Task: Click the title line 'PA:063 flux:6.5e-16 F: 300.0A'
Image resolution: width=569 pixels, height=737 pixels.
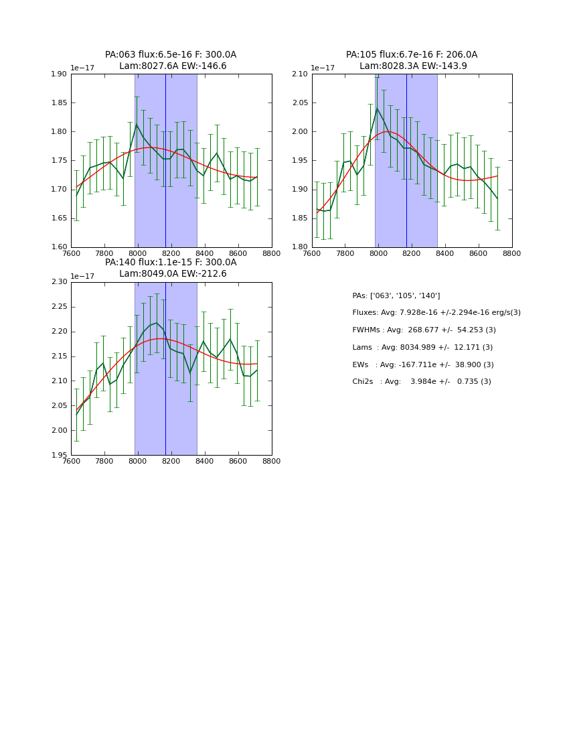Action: point(171,55)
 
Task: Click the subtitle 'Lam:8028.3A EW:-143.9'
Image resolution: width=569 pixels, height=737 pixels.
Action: point(413,66)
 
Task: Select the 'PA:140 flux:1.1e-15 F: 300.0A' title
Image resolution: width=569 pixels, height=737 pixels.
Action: point(171,263)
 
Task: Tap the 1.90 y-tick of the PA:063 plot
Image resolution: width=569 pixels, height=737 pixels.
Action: point(60,74)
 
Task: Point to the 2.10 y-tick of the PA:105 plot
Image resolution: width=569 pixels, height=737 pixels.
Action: point(301,74)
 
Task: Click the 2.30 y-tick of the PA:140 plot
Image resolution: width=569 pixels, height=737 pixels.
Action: point(60,282)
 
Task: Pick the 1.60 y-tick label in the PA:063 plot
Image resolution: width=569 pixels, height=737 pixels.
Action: point(60,247)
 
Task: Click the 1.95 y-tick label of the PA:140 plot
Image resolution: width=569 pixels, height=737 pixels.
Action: point(60,455)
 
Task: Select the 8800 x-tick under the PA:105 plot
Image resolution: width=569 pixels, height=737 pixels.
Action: point(512,254)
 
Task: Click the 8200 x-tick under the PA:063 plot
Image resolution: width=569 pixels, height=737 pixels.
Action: point(171,254)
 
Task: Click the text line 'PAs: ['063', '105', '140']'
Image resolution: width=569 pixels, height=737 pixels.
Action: point(396,296)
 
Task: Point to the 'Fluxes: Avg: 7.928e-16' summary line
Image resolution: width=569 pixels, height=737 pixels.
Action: point(436,313)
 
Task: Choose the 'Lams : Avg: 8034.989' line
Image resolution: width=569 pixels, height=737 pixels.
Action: point(422,348)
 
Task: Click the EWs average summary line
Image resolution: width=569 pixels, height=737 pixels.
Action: point(422,365)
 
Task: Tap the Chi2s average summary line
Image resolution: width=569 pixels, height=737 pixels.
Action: point(422,382)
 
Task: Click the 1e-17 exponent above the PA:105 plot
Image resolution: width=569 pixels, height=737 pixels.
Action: point(323,68)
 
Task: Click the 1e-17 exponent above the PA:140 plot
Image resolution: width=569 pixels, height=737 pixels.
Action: point(82,276)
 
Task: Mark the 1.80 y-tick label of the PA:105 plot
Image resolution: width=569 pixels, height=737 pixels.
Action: point(301,247)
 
